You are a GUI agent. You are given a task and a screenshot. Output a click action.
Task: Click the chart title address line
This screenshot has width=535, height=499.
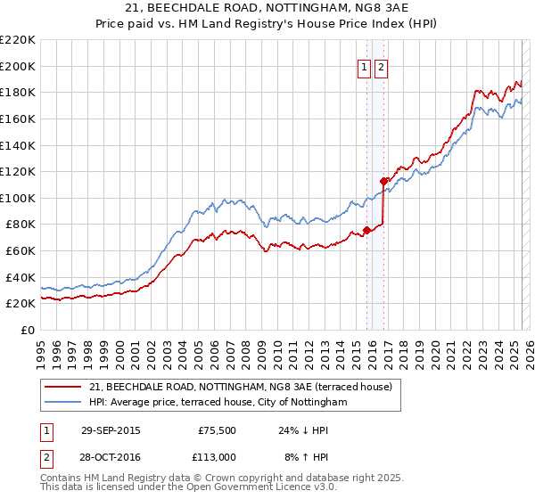[267, 9]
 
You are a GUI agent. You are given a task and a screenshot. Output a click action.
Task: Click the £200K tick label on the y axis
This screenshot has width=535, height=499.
[18, 66]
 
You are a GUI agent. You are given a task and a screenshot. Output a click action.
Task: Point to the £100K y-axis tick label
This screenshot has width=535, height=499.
[18, 198]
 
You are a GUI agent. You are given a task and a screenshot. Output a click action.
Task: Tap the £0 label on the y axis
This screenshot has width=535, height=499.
[27, 330]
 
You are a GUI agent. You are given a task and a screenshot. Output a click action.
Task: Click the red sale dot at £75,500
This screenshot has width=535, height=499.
[366, 230]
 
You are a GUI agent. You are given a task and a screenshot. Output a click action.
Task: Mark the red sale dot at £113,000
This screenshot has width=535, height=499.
[383, 181]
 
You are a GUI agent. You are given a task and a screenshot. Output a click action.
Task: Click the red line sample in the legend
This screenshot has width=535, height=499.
[63, 387]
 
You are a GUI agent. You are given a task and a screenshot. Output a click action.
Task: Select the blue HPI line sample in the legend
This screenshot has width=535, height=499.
[63, 403]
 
